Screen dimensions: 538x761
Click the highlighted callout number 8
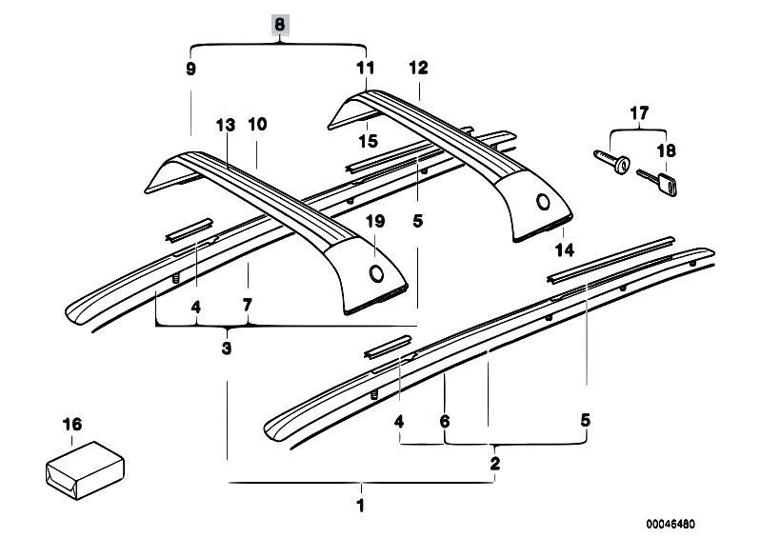coord(279,27)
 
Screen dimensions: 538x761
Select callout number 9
coord(190,69)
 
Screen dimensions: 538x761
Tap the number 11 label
coord(367,69)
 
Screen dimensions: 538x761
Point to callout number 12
coord(418,69)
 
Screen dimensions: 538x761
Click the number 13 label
coord(225,125)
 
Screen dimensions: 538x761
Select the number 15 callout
coord(368,141)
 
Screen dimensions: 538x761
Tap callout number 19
coord(375,222)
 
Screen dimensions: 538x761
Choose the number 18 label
coord(666,149)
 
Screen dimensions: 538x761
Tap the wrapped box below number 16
coord(86,468)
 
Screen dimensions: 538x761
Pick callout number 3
coord(227,349)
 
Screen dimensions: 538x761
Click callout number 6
coord(444,420)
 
